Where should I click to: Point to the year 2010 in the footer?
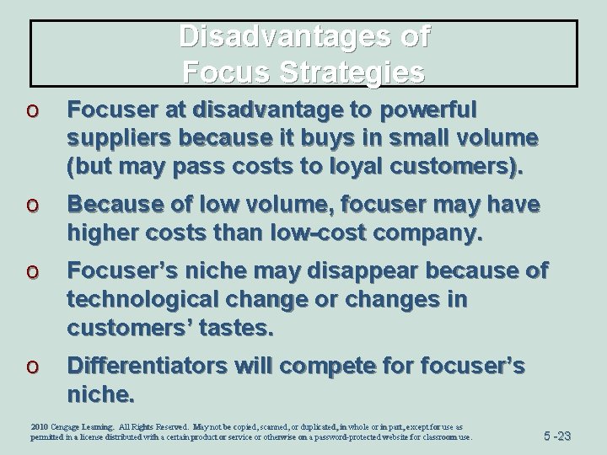click(40, 427)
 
